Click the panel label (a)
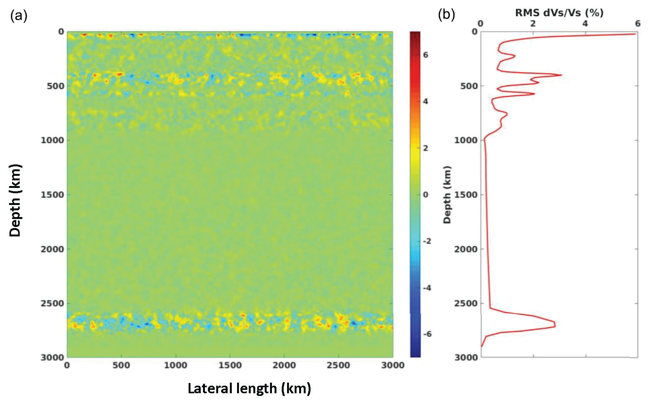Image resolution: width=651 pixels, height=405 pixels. [x=19, y=16]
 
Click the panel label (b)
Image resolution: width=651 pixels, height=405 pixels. [x=446, y=14]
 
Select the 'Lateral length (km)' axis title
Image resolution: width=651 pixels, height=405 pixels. [x=249, y=388]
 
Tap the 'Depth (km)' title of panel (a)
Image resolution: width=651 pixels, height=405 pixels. [x=15, y=200]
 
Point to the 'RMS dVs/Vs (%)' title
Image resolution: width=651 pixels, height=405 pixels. [x=559, y=13]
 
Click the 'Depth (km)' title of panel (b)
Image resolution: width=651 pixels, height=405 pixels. [x=447, y=195]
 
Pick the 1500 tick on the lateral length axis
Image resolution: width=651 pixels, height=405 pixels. [x=230, y=365]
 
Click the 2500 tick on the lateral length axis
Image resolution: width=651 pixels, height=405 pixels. [x=338, y=365]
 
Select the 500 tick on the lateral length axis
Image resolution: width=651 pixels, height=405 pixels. [x=121, y=365]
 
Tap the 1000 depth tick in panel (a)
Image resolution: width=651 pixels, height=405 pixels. [x=52, y=140]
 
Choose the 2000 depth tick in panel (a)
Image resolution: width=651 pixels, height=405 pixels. [x=52, y=249]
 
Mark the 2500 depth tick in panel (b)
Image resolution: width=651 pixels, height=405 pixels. [x=466, y=303]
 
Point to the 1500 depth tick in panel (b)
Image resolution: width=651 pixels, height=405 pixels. [x=466, y=195]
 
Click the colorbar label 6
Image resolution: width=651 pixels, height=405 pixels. [x=426, y=55]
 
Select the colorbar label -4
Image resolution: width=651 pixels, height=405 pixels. [x=427, y=288]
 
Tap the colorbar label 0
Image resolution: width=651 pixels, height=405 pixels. [x=426, y=195]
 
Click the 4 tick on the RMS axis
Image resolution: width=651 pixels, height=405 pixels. [x=585, y=23]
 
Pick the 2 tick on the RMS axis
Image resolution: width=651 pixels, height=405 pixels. [x=533, y=23]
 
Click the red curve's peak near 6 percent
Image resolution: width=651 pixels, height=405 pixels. [x=634, y=34]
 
